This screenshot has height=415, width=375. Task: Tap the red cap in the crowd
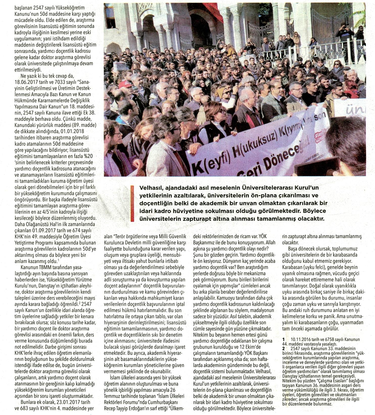[126, 84]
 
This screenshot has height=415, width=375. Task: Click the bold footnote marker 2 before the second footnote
[284, 348]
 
